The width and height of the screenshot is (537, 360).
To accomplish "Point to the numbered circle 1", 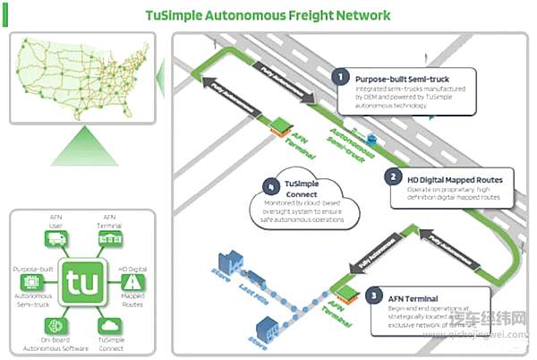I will pos(339,76).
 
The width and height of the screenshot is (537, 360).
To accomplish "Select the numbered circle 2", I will pos(390,176).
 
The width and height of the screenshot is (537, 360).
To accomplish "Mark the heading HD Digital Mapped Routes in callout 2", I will pos(454,179).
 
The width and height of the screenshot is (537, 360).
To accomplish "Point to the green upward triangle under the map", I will pos(82,144).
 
